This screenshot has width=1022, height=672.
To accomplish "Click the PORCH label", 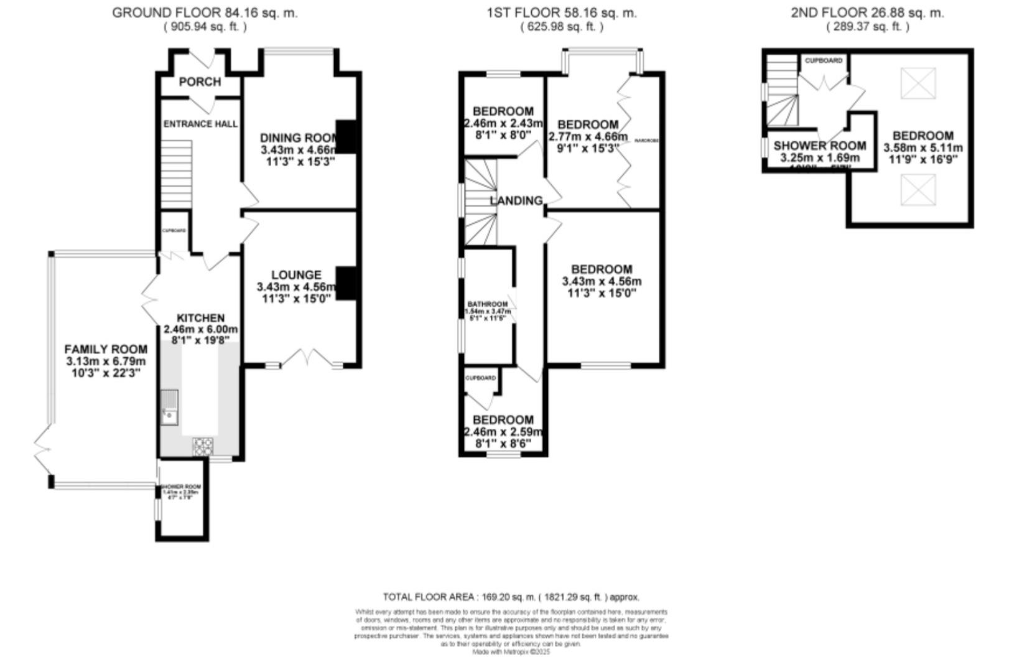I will click(x=200, y=82).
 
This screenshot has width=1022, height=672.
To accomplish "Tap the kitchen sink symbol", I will click(x=169, y=406).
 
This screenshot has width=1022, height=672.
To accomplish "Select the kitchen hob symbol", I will click(x=203, y=446).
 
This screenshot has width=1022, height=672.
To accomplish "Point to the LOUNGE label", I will click(x=296, y=275).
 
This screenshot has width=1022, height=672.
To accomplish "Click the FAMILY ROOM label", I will click(x=106, y=350).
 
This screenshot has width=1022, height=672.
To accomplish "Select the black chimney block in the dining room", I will click(x=346, y=137).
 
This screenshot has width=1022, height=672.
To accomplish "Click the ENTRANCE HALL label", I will click(x=200, y=124).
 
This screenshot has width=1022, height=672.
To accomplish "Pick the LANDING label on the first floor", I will click(x=516, y=201).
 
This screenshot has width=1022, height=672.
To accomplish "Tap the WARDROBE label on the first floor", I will click(x=646, y=141).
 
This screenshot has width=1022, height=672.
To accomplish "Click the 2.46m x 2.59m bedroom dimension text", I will click(x=503, y=432).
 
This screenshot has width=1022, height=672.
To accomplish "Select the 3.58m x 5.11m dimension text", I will click(x=923, y=148).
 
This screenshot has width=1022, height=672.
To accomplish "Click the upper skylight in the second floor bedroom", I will click(x=918, y=83).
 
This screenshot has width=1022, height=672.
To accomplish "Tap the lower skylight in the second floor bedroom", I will click(x=918, y=190).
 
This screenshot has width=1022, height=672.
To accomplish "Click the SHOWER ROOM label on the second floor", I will click(x=819, y=146).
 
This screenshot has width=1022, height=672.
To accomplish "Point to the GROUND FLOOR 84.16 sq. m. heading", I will click(x=205, y=12).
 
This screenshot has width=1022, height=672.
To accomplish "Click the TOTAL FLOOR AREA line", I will click(x=511, y=597).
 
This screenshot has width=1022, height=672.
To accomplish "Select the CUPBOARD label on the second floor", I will click(x=824, y=60).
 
